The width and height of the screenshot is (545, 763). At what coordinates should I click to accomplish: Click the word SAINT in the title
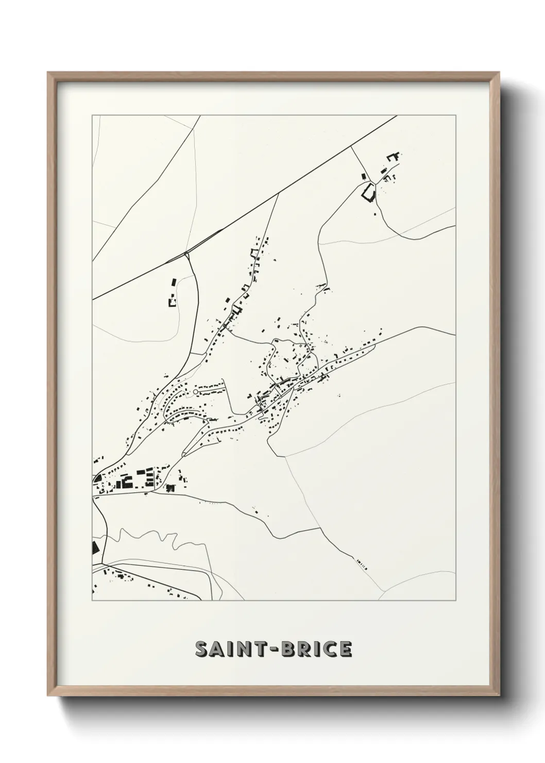click(x=228, y=649)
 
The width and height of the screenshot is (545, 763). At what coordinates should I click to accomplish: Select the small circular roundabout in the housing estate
click(x=195, y=393)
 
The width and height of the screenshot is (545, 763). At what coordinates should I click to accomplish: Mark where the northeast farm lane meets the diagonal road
click(x=351, y=146)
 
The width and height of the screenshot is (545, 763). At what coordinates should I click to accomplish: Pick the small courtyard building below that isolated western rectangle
click(x=172, y=302)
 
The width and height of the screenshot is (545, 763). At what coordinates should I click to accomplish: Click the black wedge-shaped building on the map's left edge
click(x=94, y=547)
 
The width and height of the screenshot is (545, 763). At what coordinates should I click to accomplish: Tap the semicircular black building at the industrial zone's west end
click(x=96, y=479)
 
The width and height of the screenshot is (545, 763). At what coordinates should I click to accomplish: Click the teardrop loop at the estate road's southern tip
click(x=184, y=454)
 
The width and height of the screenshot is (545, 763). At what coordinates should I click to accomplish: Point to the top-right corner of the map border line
click(x=455, y=115)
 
